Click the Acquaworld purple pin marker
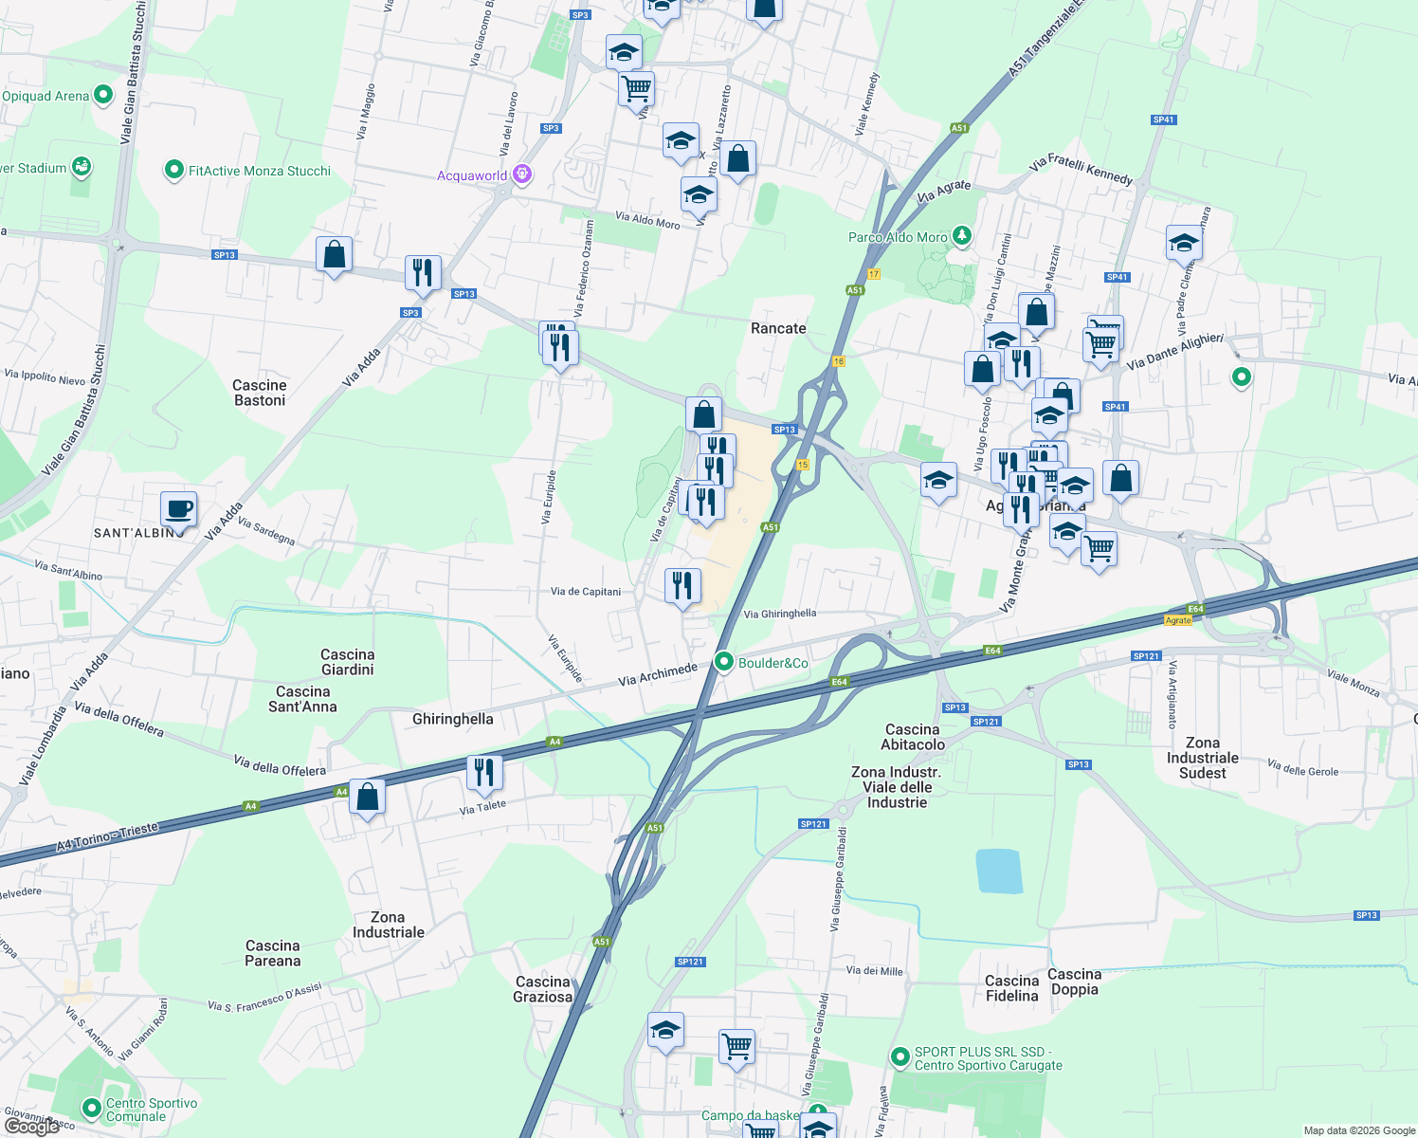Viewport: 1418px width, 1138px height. pyautogui.click(x=521, y=174)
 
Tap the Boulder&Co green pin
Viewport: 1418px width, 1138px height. pyautogui.click(x=724, y=662)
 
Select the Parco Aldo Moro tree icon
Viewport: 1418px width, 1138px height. pyautogui.click(x=962, y=235)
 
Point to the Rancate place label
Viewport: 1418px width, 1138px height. pyautogui.click(x=778, y=328)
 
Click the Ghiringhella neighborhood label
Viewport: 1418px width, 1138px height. pyautogui.click(x=453, y=719)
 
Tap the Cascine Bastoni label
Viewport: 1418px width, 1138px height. pyautogui.click(x=260, y=393)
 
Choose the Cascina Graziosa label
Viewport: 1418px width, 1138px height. pyautogui.click(x=543, y=989)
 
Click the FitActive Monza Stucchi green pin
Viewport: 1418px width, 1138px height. pyautogui.click(x=173, y=171)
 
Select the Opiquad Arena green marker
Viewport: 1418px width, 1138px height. pyautogui.click(x=103, y=95)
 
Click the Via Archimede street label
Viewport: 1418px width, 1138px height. pyautogui.click(x=658, y=674)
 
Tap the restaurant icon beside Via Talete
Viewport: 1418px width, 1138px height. pyautogui.click(x=484, y=773)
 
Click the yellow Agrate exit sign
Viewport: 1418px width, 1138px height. pyautogui.click(x=1178, y=620)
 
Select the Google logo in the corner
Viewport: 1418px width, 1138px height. pyautogui.click(x=32, y=1127)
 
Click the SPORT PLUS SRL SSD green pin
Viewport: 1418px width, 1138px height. pyautogui.click(x=900, y=1055)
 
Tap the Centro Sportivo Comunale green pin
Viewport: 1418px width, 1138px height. pyautogui.click(x=91, y=1107)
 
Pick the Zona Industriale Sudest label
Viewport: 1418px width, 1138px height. pyautogui.click(x=1203, y=758)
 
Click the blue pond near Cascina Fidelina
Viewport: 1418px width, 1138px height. pyautogui.click(x=999, y=872)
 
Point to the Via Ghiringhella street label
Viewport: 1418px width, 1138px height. pyautogui.click(x=779, y=614)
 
